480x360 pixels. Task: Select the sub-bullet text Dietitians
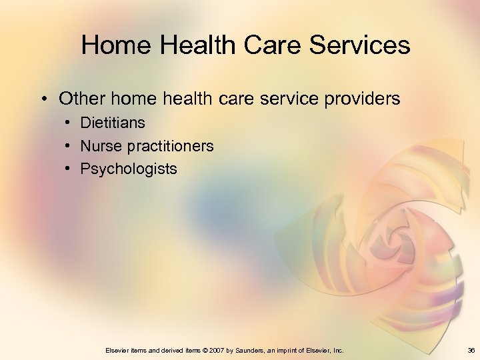pyautogui.click(x=113, y=123)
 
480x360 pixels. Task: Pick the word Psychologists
pyautogui.click(x=129, y=169)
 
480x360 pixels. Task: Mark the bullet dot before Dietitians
pyautogui.click(x=69, y=123)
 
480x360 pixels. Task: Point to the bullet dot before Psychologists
pyautogui.click(x=69, y=169)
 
